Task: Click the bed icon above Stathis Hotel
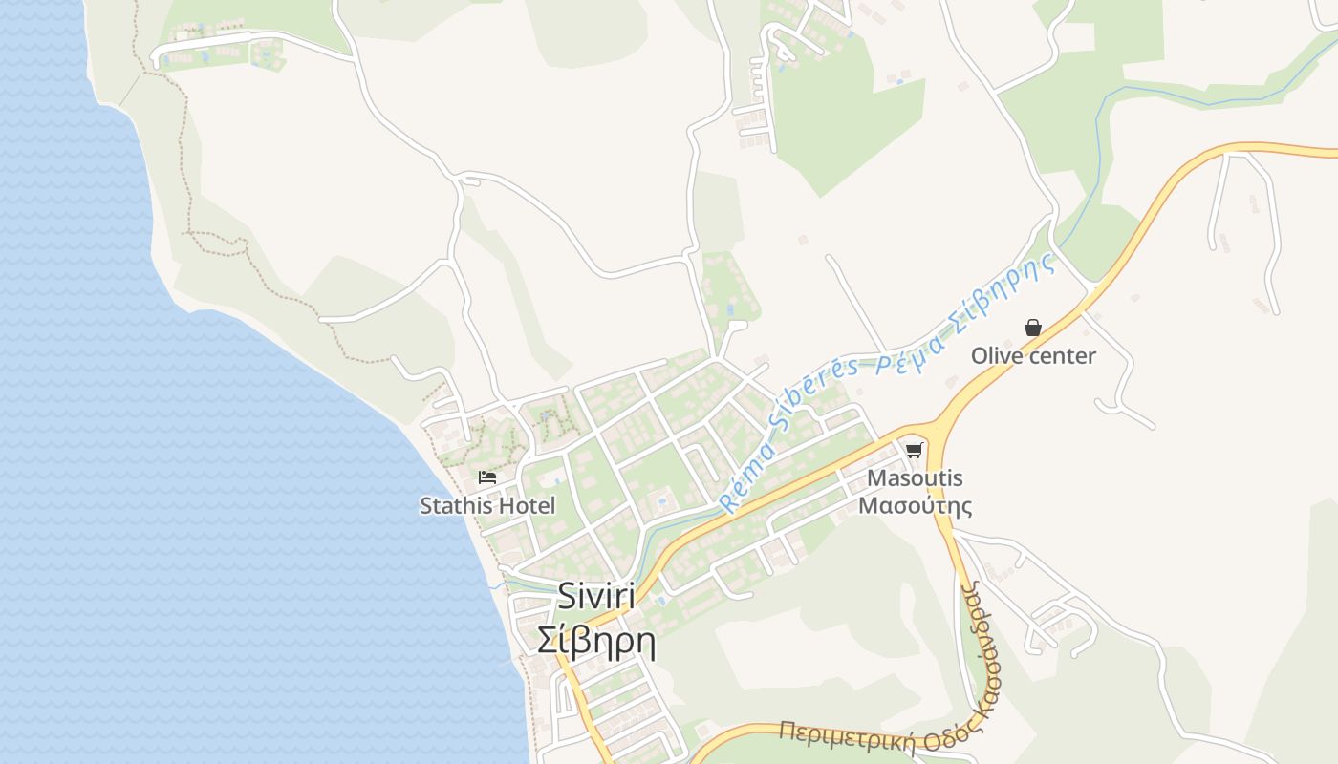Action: pos(487,477)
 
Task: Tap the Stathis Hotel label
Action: pos(487,505)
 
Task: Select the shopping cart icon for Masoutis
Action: pos(915,450)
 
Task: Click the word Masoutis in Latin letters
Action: pos(915,478)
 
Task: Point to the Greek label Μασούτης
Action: pos(915,505)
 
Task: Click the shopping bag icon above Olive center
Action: pos(1032,328)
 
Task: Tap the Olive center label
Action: pos(1033,356)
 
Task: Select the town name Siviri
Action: pos(596,597)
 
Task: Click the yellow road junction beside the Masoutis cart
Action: pos(935,432)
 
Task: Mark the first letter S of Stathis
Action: pos(426,505)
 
